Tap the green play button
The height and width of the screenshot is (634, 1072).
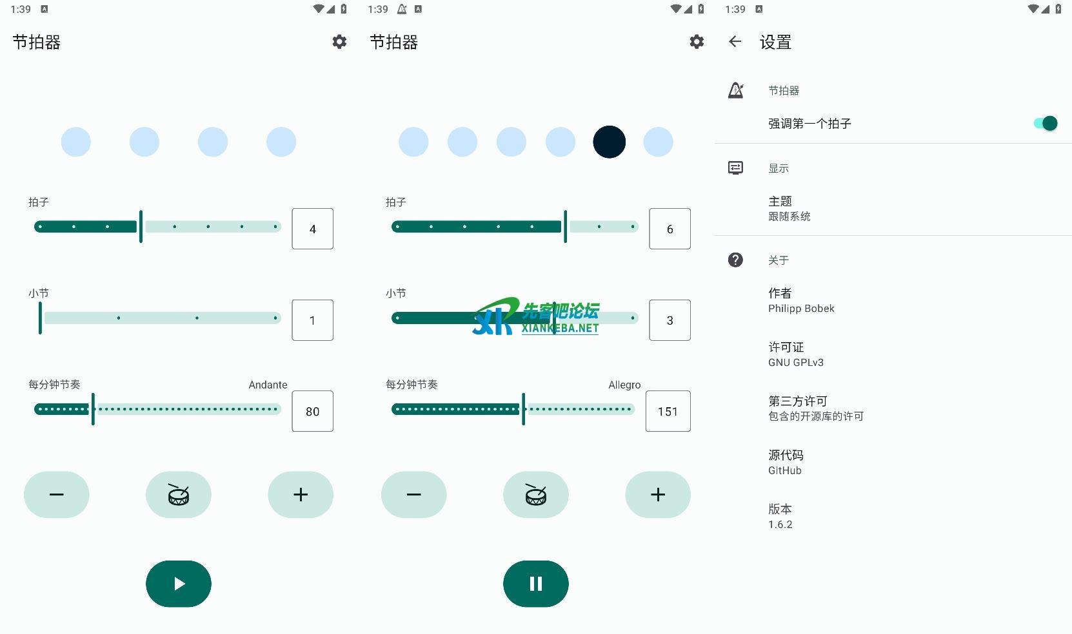click(x=179, y=584)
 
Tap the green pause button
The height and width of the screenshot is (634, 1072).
click(x=535, y=584)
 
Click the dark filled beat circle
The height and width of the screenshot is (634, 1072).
click(x=609, y=142)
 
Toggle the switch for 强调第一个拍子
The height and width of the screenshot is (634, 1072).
click(x=1045, y=123)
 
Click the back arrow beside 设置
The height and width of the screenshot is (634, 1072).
click(x=735, y=42)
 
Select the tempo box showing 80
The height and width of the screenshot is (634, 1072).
click(x=312, y=411)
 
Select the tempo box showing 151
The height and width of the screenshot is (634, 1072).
click(x=668, y=411)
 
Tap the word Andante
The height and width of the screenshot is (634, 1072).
click(x=268, y=385)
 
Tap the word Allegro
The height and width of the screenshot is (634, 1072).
click(x=624, y=385)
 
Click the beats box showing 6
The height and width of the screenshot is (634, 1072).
click(x=670, y=229)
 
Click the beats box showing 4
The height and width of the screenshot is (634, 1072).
click(x=312, y=229)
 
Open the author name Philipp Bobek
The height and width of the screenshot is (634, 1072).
click(x=801, y=309)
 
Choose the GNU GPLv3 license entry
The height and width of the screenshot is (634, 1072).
click(x=796, y=362)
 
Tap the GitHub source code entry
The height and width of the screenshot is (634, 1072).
click(x=785, y=470)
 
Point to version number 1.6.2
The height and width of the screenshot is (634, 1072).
click(x=780, y=524)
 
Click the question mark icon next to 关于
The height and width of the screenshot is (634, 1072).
click(x=735, y=260)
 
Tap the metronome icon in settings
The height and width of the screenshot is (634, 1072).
click(x=735, y=90)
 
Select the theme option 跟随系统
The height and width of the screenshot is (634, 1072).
click(x=789, y=216)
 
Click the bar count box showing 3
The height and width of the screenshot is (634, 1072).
click(x=670, y=320)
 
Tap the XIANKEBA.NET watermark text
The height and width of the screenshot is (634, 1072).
click(x=560, y=328)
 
